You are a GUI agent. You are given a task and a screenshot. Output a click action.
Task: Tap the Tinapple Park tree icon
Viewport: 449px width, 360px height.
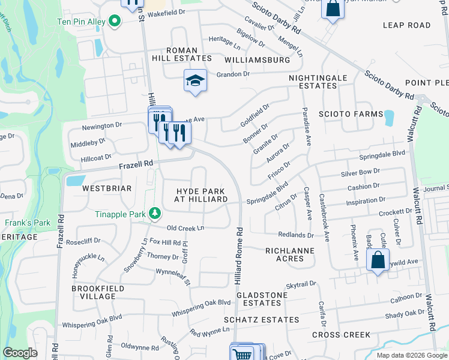[155, 214]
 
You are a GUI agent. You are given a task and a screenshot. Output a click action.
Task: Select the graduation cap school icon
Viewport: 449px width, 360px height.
[195, 81]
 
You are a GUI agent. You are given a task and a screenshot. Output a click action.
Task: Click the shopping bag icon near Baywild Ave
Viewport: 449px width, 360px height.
[378, 260]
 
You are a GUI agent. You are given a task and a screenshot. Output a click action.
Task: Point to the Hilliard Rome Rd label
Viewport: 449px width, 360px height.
[239, 255]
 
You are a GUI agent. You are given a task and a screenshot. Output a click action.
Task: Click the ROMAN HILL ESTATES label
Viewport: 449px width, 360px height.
[181, 58]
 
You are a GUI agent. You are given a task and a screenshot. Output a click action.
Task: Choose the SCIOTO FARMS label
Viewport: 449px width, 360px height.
[351, 114]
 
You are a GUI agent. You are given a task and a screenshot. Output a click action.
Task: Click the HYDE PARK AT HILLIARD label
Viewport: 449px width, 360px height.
[200, 195]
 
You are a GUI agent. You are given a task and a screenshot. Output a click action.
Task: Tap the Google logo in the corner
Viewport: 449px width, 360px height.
[20, 353]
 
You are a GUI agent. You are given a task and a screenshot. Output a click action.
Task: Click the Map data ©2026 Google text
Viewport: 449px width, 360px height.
[411, 355]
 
